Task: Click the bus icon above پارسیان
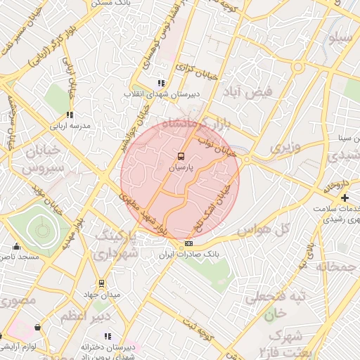pyautogui.click(x=181, y=156)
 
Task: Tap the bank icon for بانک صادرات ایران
pyautogui.click(x=188, y=243)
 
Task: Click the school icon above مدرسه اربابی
pyautogui.click(x=70, y=115)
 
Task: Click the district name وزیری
pyautogui.click(x=285, y=148)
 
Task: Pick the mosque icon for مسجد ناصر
pyautogui.click(x=17, y=246)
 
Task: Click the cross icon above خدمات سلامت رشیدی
pyautogui.click(x=345, y=198)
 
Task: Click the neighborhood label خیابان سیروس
pyautogui.click(x=43, y=160)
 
